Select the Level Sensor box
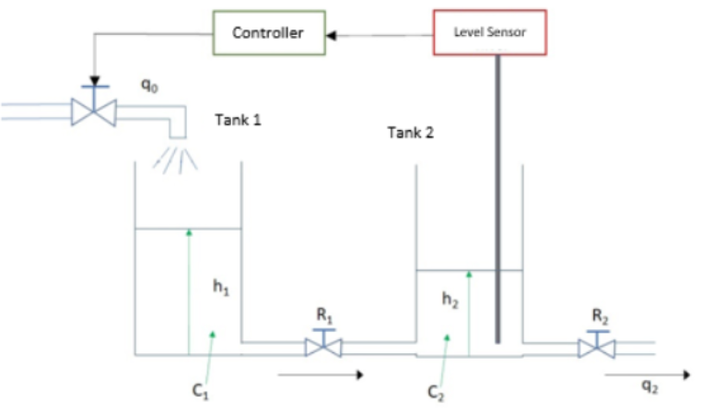pyautogui.click(x=489, y=32)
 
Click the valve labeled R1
pyautogui.click(x=323, y=347)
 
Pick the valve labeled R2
pyautogui.click(x=597, y=347)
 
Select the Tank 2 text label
pyautogui.click(x=410, y=133)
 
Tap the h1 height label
pyautogui.click(x=221, y=288)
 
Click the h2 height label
pyautogui.click(x=449, y=300)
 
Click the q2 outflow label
pyautogui.click(x=649, y=388)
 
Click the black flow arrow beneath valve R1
pyautogui.click(x=319, y=374)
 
